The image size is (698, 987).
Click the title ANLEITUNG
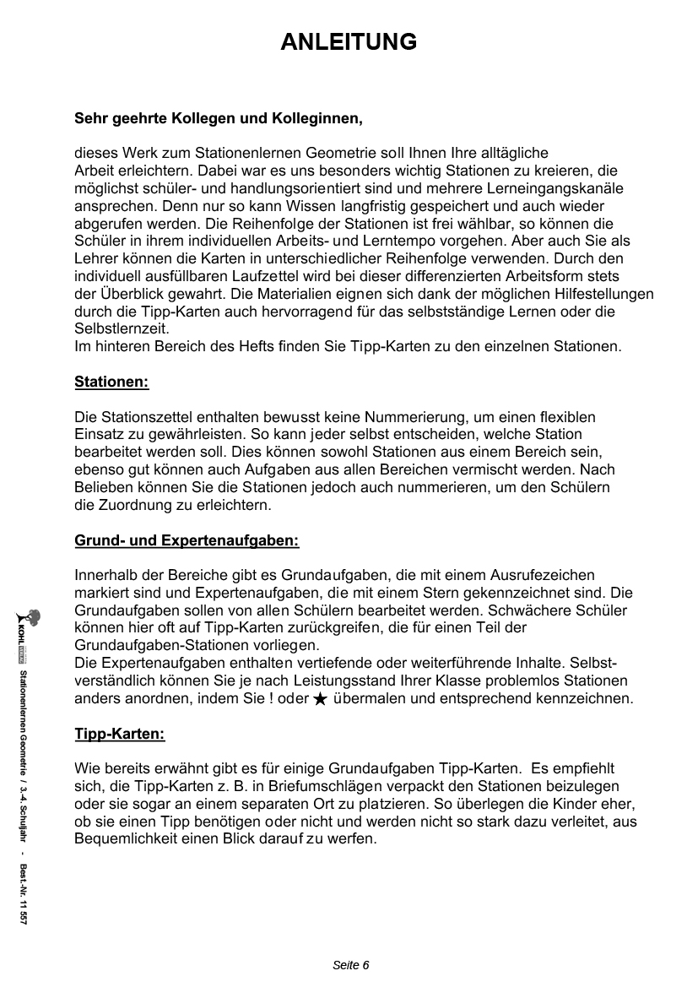pyautogui.click(x=349, y=42)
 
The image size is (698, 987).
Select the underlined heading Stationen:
pyautogui.click(x=111, y=382)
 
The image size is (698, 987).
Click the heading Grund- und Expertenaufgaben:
pyautogui.click(x=187, y=540)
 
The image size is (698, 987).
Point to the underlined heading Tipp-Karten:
pyautogui.click(x=119, y=734)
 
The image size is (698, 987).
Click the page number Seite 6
pyautogui.click(x=351, y=965)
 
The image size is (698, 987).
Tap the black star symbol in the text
pyautogui.click(x=320, y=700)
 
